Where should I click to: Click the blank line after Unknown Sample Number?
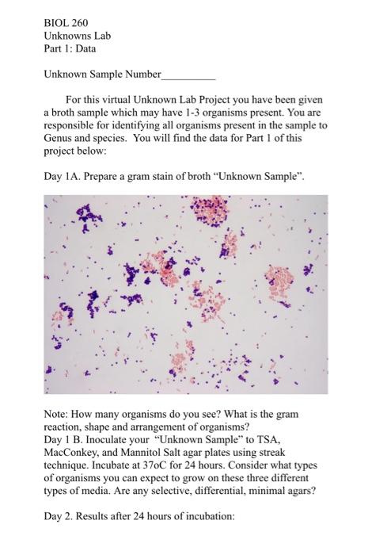188,75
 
